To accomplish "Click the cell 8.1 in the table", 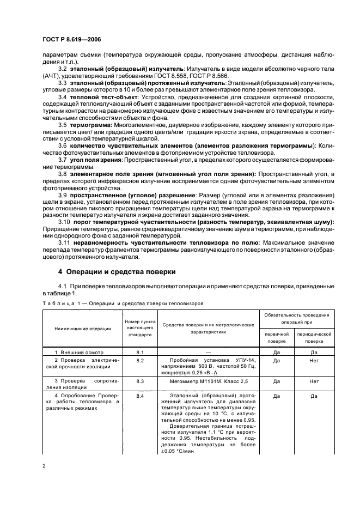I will click(x=139, y=352).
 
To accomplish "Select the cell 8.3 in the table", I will click(x=139, y=381).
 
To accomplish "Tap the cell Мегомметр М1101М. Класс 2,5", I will click(x=209, y=381).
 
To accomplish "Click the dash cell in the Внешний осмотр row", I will click(x=209, y=352).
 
